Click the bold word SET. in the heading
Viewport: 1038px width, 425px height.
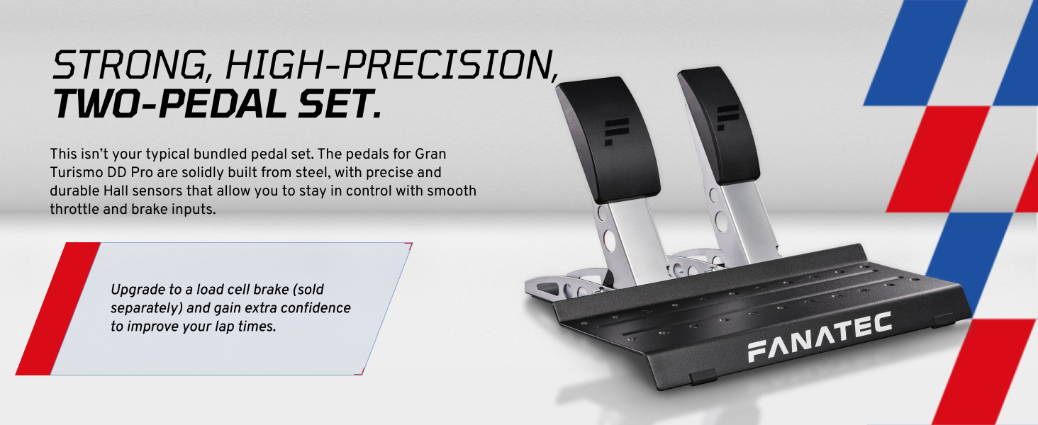342,103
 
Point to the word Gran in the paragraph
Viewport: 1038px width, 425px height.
430,153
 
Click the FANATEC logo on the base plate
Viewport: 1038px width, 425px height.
819,339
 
